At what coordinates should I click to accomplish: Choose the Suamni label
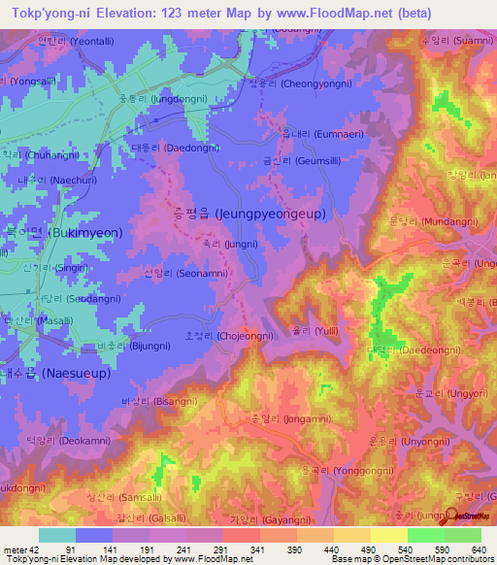457,41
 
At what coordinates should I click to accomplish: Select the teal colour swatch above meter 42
56,535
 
